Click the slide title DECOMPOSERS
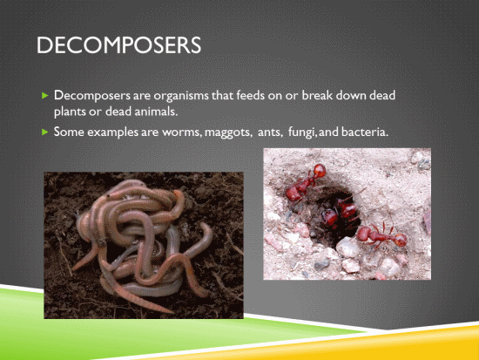(x=118, y=45)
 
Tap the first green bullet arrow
(x=45, y=95)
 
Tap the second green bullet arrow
(x=45, y=132)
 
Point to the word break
(x=317, y=95)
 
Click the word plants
(x=70, y=112)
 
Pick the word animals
(x=156, y=112)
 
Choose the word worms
(x=182, y=132)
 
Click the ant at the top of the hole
(x=305, y=184)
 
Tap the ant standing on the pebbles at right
(x=381, y=236)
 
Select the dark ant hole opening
(x=333, y=214)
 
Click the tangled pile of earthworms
(x=144, y=241)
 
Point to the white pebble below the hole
(x=348, y=248)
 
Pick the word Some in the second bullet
(x=69, y=132)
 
